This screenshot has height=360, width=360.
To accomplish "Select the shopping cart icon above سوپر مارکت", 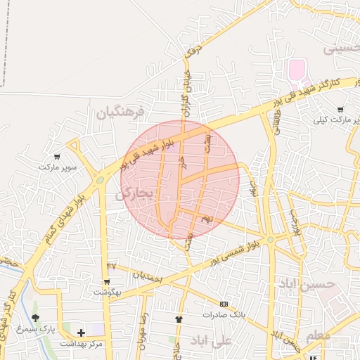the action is coord(56,157).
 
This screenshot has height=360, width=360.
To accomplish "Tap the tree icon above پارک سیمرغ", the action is coord(36,319).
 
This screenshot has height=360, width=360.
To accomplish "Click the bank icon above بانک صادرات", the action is coord(224,304).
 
